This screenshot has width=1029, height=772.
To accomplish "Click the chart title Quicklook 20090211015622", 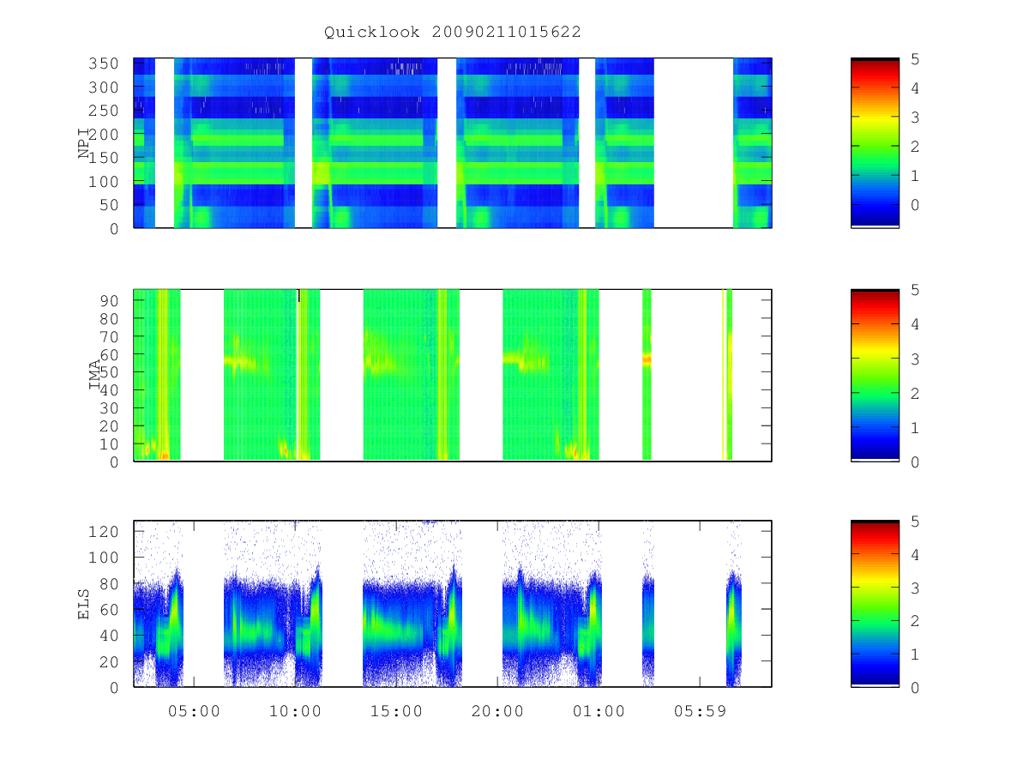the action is coord(453,32).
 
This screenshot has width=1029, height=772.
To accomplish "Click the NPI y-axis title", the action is coord(84,144).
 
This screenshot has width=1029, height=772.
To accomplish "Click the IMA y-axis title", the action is coord(94,375).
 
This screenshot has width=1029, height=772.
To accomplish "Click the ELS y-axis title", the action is coord(83,604).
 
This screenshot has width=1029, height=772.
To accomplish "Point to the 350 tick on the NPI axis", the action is coord(104,63).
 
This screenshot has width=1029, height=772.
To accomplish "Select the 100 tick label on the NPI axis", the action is coord(104,181).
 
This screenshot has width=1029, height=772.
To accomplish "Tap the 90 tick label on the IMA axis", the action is coord(109,301).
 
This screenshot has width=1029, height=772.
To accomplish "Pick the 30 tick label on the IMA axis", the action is coord(109,408).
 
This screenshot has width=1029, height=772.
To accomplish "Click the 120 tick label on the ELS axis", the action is coord(104,532).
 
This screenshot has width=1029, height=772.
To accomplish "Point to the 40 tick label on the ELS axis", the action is coord(109,636).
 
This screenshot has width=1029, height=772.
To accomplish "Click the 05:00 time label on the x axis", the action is coord(194,711).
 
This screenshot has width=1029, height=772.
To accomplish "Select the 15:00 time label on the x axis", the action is coord(397,711).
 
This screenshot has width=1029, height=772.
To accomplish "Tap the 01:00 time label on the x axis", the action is coord(599,711).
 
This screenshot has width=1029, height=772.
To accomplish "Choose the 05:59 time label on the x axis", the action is coord(700,711).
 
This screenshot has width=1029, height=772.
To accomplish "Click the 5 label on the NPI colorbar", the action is coord(915,59).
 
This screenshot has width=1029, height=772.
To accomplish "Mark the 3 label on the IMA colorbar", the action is coord(915,359).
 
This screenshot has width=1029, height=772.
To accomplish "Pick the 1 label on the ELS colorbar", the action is coord(915,654).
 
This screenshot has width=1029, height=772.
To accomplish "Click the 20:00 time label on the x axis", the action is coord(497,711).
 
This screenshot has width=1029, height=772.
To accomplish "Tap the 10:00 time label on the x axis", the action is coord(295,711).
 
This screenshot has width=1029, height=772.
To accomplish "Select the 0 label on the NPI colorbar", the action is coord(915,205).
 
